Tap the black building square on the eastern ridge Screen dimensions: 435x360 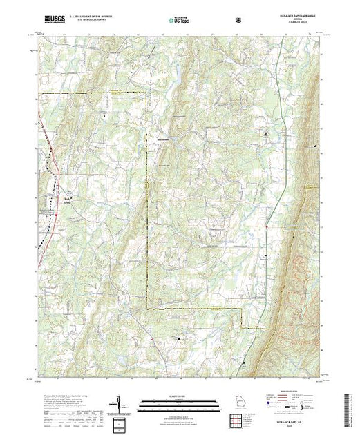pyautogui.click(x=316, y=147)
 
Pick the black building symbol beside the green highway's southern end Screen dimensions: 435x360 pyautogui.click(x=243, y=362)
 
